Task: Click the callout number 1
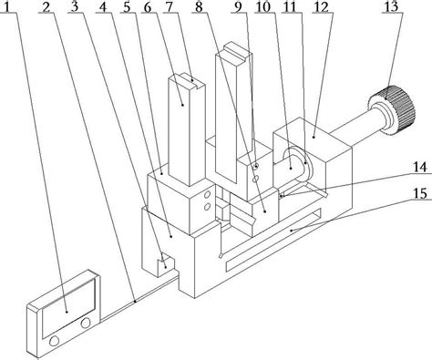coord(11,6)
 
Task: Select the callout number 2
coord(46,7)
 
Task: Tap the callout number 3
coord(74,6)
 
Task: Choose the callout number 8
coord(199,7)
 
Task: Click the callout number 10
coord(263,7)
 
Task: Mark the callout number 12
coord(322,7)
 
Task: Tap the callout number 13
coord(391,6)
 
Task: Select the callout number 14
coord(420,168)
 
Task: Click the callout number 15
coord(420,193)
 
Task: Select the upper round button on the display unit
coord(86,323)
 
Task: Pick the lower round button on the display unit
coord(54,341)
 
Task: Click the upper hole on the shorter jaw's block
coord(208,194)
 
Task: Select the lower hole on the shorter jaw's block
coord(208,207)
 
